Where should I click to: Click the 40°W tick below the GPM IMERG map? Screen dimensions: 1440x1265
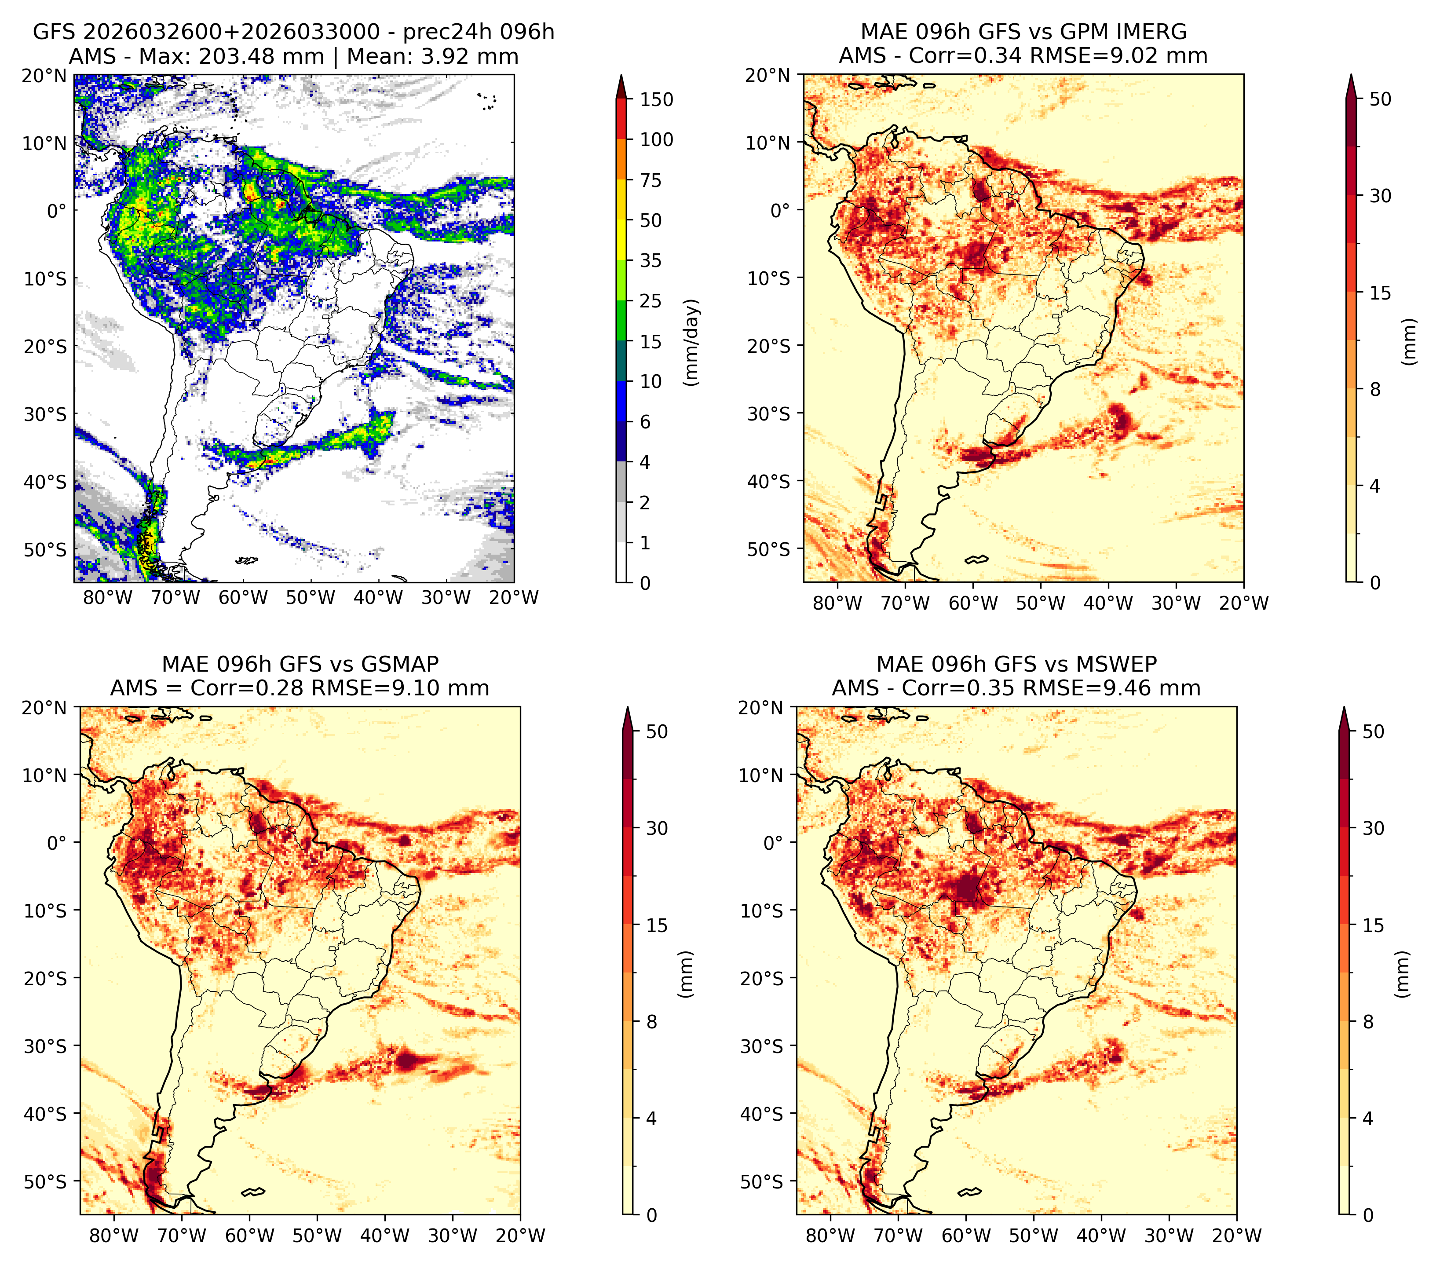1108,603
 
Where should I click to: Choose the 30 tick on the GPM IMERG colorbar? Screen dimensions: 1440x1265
1381,196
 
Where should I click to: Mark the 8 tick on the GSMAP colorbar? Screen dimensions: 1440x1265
652,1022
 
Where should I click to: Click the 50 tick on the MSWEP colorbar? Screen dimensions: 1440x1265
1374,732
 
